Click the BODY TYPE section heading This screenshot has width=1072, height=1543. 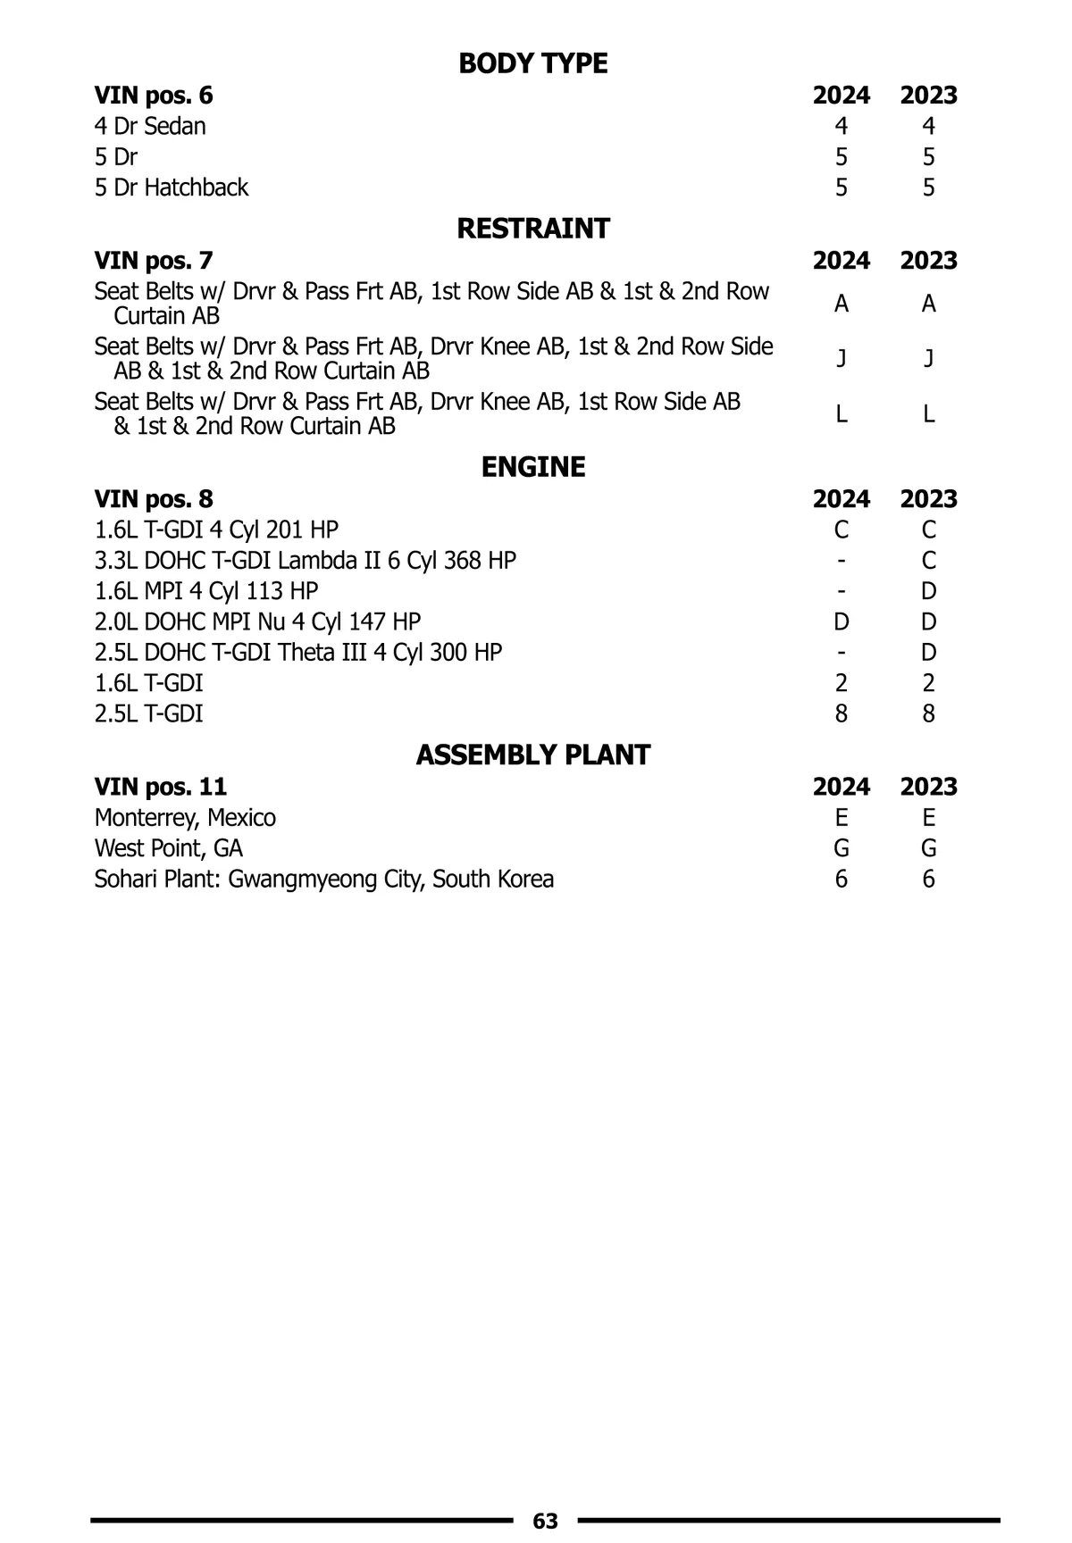coord(532,63)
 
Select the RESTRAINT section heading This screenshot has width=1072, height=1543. coord(532,229)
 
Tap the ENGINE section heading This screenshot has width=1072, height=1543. coord(532,467)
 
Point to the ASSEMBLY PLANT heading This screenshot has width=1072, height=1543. coord(532,755)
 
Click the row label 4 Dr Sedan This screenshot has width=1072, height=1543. coord(150,126)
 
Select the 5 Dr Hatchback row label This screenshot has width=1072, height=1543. coord(172,188)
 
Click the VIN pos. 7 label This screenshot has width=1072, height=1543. coord(154,261)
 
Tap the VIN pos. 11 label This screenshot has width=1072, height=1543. coord(161,787)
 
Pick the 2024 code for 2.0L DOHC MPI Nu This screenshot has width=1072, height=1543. coord(841,621)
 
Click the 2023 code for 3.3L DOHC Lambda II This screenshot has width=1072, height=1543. coord(928,561)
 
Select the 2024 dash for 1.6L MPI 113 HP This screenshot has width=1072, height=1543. coord(841,591)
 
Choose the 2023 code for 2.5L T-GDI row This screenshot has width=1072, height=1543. coord(928,713)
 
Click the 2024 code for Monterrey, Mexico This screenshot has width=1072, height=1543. coord(841,818)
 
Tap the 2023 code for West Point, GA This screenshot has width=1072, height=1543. coord(928,848)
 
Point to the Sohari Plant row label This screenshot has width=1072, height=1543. coord(323,880)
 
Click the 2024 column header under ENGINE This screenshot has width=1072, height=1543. coord(841,499)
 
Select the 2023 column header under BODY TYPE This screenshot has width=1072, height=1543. coord(928,96)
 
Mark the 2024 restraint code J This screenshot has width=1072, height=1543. coord(841,358)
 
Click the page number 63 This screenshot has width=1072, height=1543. coord(545,1521)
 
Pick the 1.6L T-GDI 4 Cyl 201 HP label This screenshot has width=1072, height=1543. coord(216,530)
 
